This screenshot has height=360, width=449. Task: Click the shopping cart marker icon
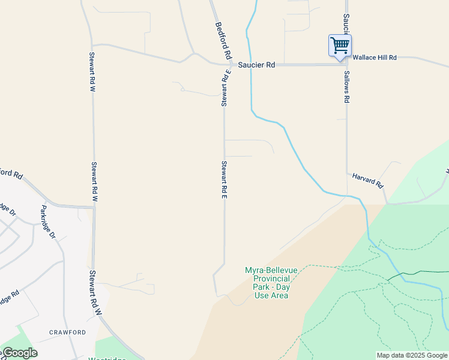(x=340, y=46)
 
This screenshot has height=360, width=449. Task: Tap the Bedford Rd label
(x=223, y=40)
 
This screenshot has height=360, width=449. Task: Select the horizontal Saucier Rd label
(x=256, y=64)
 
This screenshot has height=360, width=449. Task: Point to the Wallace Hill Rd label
(x=375, y=58)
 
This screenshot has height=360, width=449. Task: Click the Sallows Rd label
(x=346, y=87)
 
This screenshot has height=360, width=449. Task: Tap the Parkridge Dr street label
(x=47, y=222)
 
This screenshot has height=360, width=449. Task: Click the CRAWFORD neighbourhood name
(x=67, y=332)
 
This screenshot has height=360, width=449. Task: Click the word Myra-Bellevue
(x=271, y=270)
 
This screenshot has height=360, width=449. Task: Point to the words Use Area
(x=271, y=295)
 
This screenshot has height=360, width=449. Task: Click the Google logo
(x=19, y=353)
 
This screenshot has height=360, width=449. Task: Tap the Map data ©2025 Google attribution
(x=412, y=355)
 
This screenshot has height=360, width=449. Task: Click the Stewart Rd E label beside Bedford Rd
(x=224, y=88)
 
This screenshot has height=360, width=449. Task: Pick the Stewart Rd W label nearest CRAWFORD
(x=94, y=293)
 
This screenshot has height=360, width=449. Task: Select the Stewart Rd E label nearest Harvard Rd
(x=224, y=179)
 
